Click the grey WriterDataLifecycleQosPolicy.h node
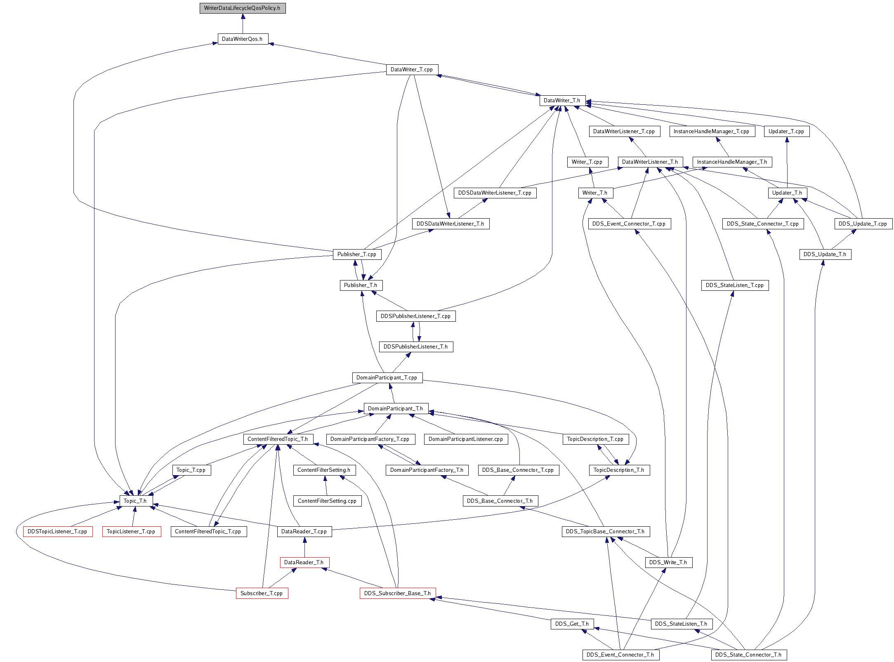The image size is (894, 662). [x=243, y=8]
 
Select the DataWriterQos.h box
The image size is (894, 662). [x=243, y=39]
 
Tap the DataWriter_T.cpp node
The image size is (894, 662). [x=412, y=70]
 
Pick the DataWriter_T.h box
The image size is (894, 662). [x=562, y=101]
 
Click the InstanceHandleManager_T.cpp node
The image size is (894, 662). [x=712, y=132]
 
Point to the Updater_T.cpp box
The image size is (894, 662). [x=787, y=132]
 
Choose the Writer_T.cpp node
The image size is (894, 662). [x=587, y=162]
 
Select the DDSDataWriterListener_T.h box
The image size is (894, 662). [x=451, y=224]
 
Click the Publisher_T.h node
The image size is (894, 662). [x=361, y=285]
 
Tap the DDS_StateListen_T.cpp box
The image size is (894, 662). [x=735, y=285]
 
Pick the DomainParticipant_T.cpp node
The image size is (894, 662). [x=387, y=378]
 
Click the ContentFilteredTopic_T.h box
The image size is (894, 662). [x=278, y=439]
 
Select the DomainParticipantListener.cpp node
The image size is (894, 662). [x=466, y=439]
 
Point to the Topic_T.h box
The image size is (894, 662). [x=136, y=501]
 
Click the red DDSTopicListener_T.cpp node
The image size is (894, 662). [x=58, y=532]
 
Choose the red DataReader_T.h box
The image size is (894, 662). [x=304, y=563]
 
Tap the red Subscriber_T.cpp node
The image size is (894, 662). [x=262, y=594]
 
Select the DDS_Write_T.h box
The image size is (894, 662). [x=669, y=563]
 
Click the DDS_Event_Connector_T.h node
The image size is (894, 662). [x=621, y=655]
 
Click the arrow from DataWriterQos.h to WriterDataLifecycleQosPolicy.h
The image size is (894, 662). [x=243, y=24]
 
